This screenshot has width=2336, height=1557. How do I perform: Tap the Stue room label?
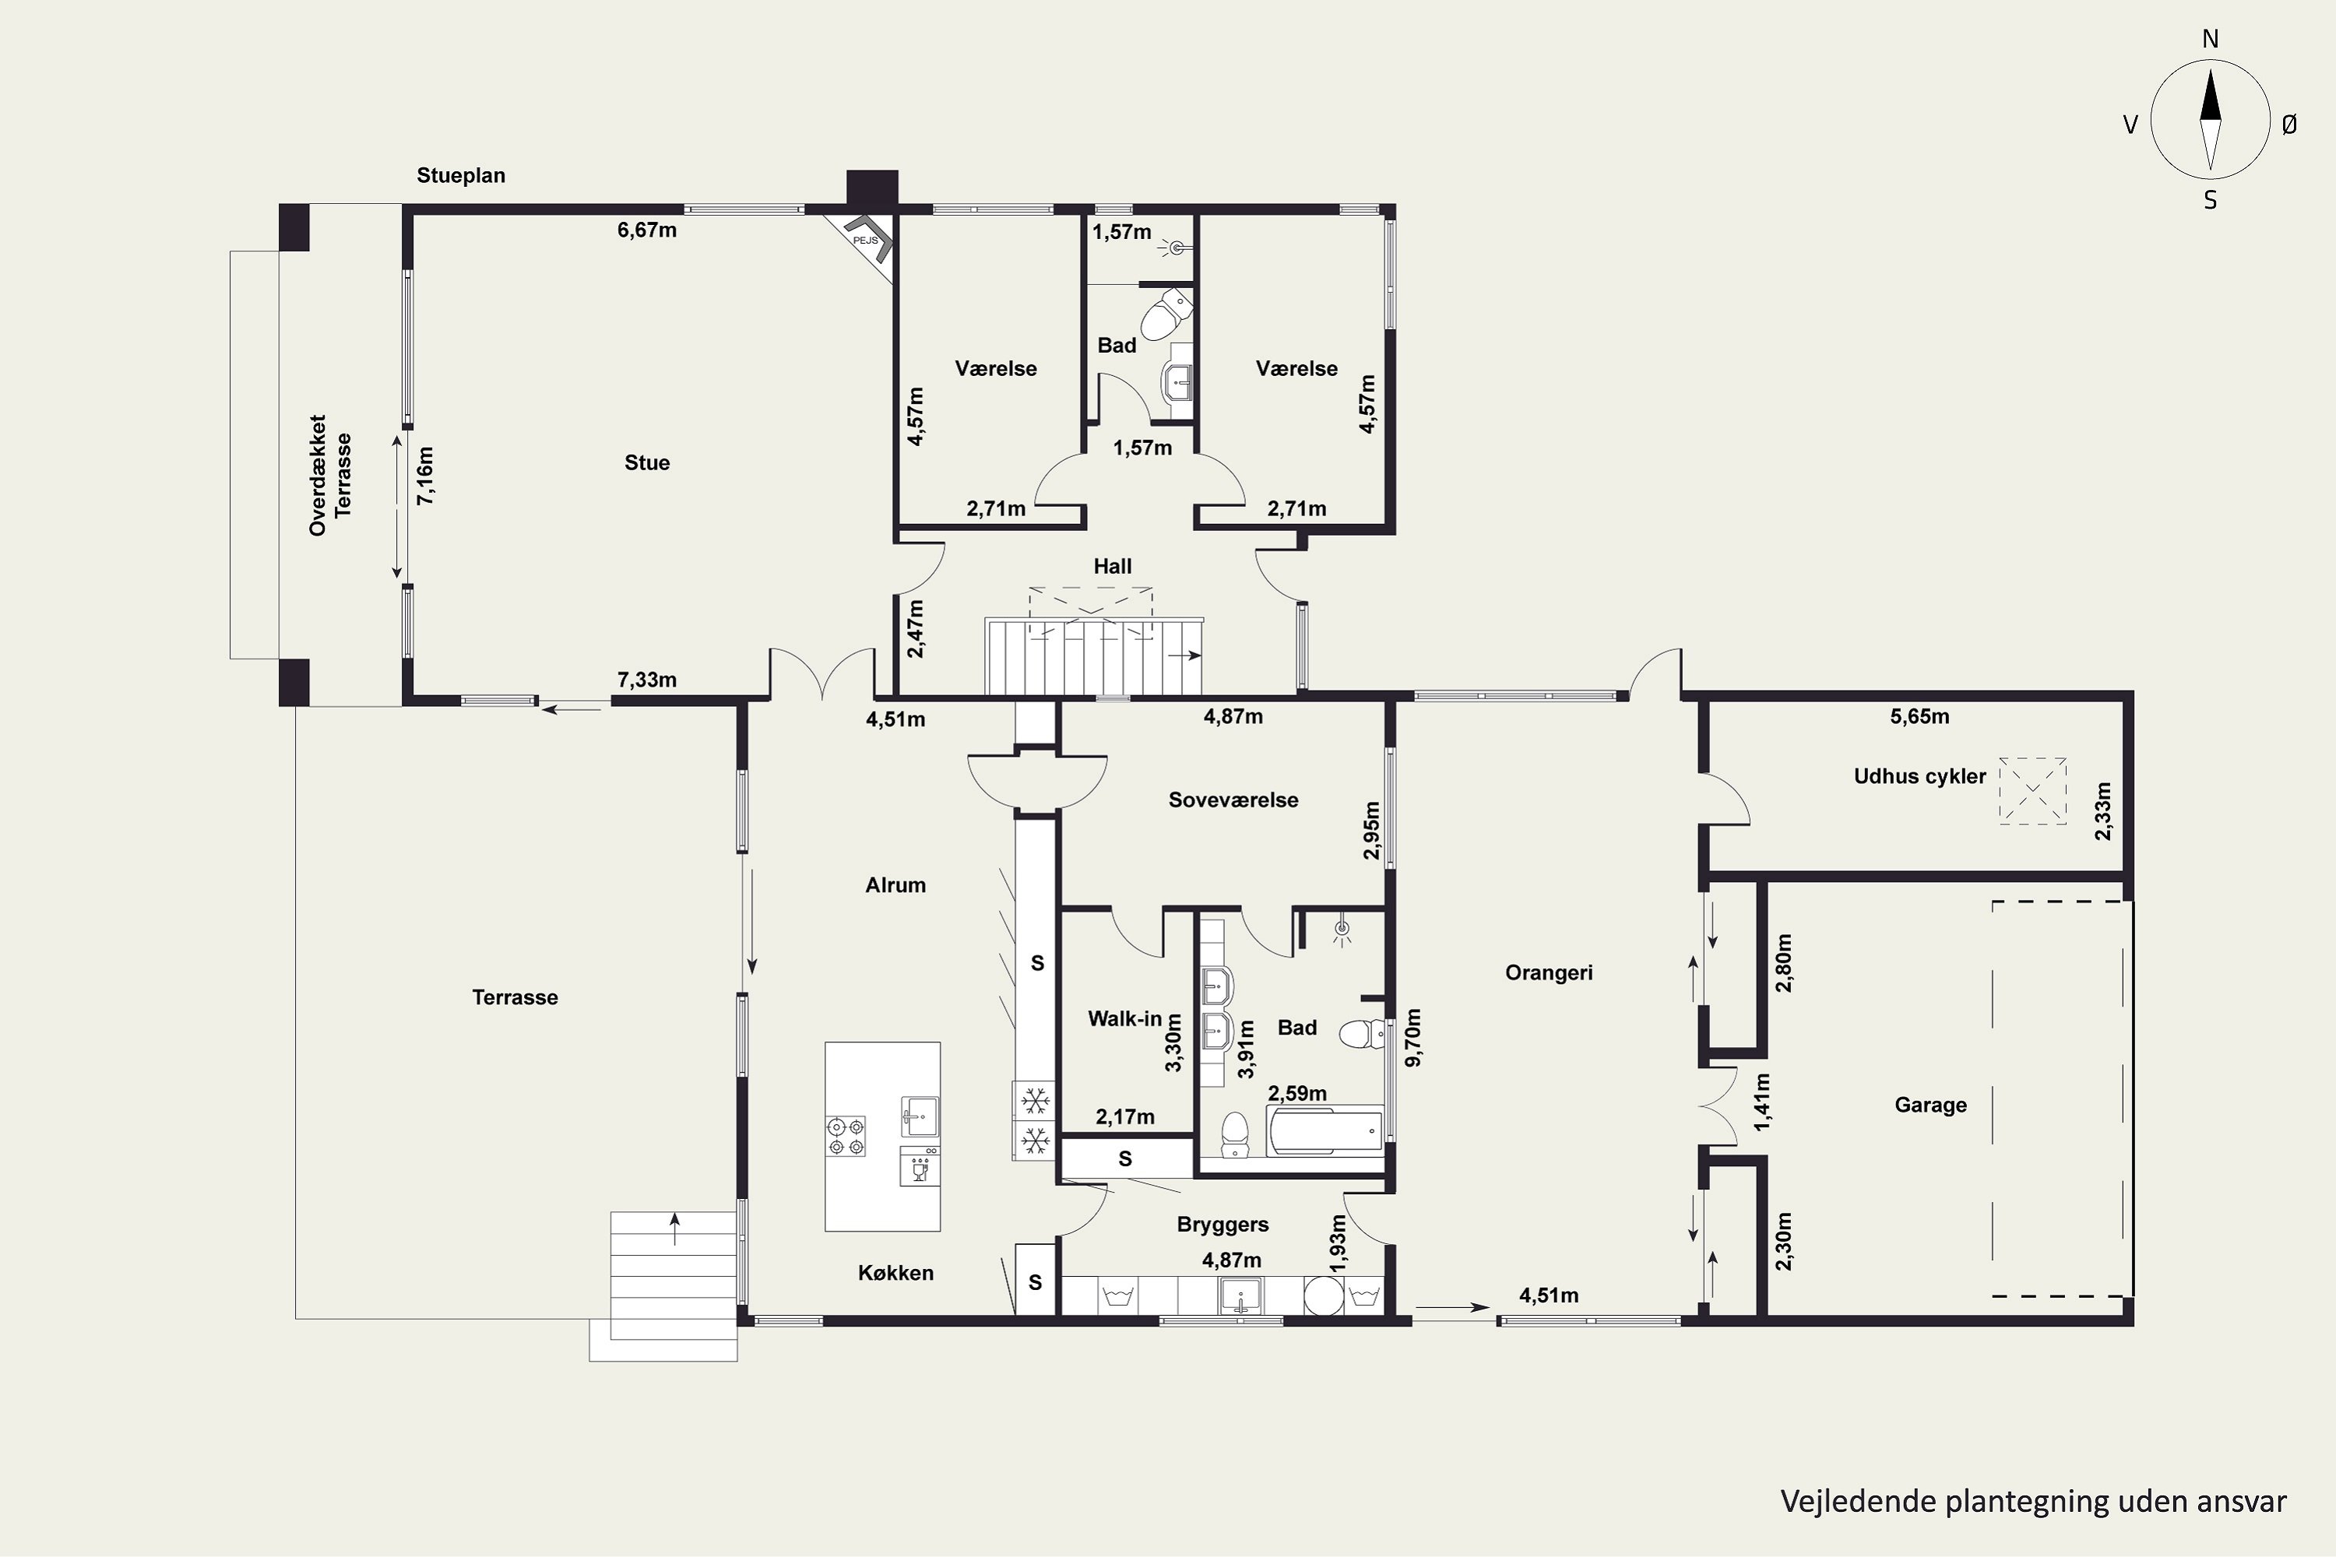(x=646, y=462)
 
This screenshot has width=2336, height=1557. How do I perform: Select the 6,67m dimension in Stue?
(x=646, y=230)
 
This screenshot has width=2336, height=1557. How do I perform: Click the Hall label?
(x=1113, y=566)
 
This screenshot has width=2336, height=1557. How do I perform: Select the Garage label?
(x=1930, y=1105)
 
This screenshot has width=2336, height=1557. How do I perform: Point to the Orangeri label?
(x=1549, y=973)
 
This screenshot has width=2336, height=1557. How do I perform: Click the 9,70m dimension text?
(x=1413, y=1038)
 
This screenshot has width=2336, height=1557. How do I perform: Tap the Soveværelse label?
(x=1233, y=800)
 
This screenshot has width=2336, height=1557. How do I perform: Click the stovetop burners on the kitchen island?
(x=845, y=1136)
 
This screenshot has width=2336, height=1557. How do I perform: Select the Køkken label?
(x=895, y=1273)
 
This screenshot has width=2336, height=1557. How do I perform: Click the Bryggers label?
(x=1223, y=1225)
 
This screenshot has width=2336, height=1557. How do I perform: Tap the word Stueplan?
(x=461, y=176)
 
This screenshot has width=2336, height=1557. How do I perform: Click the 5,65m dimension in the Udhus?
(x=1919, y=716)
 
